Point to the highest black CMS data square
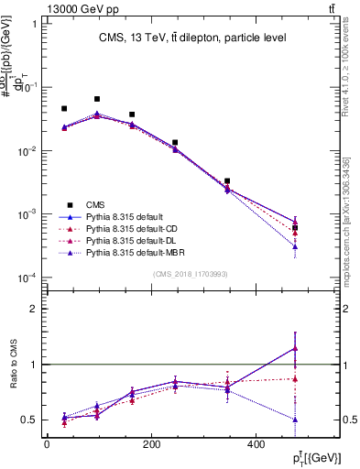(x=97, y=99)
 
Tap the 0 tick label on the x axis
(x=47, y=444)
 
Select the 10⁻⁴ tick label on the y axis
(x=27, y=278)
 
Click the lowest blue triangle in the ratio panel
(x=294, y=420)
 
